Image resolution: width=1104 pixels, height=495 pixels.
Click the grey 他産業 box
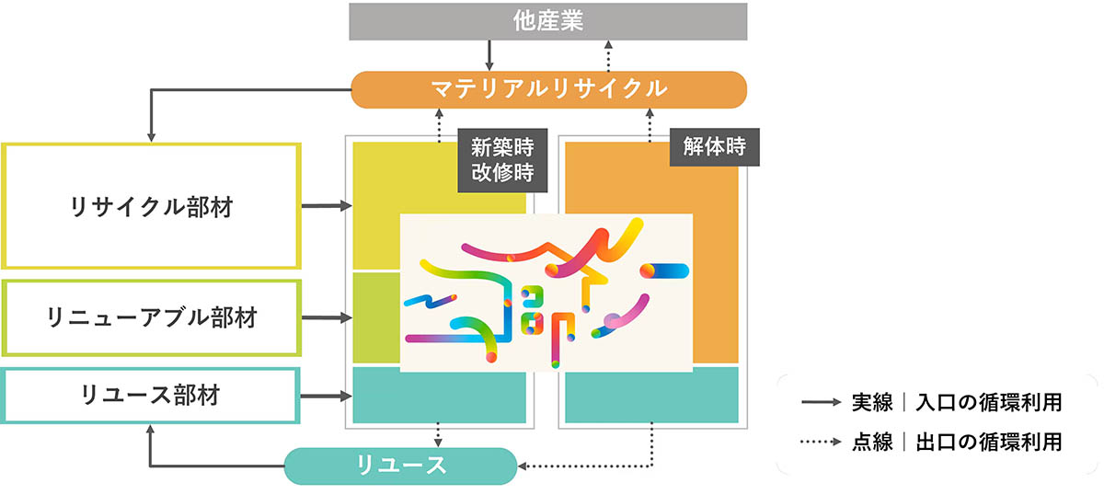point(548,21)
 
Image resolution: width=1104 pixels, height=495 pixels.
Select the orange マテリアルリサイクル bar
point(548,89)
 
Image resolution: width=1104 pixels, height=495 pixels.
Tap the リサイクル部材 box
point(151,206)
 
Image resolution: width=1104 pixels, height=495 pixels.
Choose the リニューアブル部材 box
point(151,317)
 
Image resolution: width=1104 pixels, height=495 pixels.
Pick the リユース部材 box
point(150,396)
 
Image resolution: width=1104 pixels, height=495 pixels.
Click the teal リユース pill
point(401,466)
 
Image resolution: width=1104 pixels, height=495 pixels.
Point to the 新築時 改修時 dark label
point(502,160)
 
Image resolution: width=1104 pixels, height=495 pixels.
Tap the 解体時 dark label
point(714,147)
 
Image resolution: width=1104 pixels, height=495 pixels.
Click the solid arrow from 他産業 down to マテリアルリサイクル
point(489,55)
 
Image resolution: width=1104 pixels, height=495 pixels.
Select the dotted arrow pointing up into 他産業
point(608,56)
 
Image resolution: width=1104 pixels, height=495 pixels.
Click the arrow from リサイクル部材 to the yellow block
point(327,205)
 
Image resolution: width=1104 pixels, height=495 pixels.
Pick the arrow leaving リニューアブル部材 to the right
point(327,317)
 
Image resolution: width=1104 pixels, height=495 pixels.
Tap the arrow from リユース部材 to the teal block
point(326,396)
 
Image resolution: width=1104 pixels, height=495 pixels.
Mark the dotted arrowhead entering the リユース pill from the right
point(523,466)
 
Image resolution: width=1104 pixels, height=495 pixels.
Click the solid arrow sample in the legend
point(821,402)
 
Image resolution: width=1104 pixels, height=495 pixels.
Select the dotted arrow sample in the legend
point(821,442)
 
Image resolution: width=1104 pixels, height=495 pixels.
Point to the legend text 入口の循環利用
point(989,402)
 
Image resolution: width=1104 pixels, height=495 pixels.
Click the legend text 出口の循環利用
point(989,442)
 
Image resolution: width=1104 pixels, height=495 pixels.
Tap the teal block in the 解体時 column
point(651,395)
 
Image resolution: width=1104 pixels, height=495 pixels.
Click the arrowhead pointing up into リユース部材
point(150,430)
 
